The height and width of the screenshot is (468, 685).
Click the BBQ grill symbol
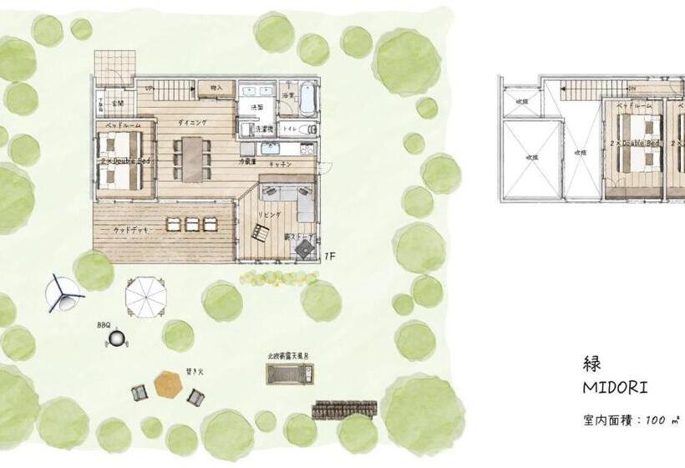pos(121,338)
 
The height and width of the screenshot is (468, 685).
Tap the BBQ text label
pos(104,323)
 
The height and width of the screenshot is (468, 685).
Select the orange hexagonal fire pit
pos(167,386)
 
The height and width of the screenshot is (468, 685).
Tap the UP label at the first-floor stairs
pos(149,86)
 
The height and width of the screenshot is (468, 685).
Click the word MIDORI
pos(616,389)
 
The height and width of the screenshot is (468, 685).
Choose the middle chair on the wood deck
pos(191,224)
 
